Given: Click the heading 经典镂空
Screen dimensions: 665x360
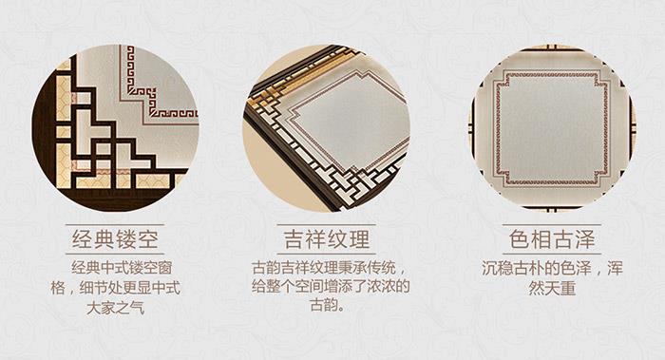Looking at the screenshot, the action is tap(115, 239).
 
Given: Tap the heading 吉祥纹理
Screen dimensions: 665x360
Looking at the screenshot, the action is tap(327, 239).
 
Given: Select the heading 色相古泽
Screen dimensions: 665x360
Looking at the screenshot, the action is tap(552, 239).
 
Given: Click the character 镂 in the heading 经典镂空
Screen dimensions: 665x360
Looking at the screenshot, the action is tap(126, 239).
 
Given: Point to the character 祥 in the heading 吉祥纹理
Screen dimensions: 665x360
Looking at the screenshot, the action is tap(315, 239).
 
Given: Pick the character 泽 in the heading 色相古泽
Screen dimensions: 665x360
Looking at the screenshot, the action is tap(585, 239).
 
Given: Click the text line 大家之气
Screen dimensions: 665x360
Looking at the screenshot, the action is tap(115, 308).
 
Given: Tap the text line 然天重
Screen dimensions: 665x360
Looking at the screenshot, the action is tap(552, 289).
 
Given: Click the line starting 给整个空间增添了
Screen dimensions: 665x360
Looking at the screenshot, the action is tap(331, 287).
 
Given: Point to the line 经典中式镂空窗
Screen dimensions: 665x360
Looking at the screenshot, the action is tap(122, 268).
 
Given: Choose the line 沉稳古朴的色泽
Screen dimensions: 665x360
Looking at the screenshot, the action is tap(536, 269).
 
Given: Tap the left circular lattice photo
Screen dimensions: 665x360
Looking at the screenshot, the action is tap(115, 128).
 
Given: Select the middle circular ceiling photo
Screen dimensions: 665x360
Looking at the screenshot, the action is tap(327, 128).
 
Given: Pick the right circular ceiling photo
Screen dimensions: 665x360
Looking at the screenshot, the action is tap(552, 128).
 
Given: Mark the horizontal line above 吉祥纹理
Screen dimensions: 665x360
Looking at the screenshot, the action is tap(327, 224).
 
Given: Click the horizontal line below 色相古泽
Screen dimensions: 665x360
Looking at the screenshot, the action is tap(552, 254).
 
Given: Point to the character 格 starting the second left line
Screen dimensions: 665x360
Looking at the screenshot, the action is tap(58, 288).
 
